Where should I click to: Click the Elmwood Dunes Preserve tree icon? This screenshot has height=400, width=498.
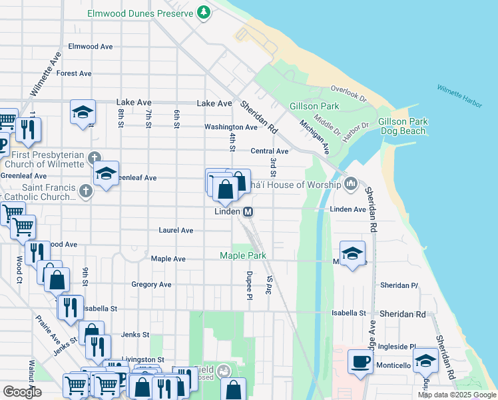[x=204, y=13]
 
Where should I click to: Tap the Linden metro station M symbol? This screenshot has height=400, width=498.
[x=248, y=211]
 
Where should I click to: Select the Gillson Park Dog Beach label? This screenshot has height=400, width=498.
[x=402, y=126]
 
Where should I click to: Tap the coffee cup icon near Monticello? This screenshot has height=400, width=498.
[x=361, y=362]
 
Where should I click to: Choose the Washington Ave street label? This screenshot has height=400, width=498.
[x=230, y=127]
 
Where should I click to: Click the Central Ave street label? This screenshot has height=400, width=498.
[x=269, y=151]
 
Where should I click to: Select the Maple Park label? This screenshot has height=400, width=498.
[x=243, y=255]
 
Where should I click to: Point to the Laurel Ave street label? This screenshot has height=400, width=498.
[x=176, y=230]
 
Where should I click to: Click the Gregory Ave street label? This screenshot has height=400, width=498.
[x=151, y=285]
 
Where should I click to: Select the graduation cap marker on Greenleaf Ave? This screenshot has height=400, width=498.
[x=106, y=174]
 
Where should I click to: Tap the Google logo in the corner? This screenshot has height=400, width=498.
[x=22, y=391]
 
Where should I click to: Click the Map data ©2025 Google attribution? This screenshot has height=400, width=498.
[x=456, y=395]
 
